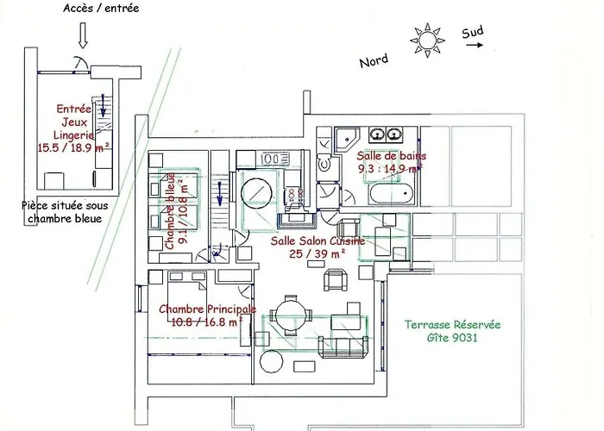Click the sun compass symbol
427,41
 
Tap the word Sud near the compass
472,33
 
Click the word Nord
374,61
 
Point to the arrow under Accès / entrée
83,35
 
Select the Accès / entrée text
101,8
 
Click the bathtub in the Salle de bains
392,194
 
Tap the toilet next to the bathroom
324,165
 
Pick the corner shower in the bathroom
347,140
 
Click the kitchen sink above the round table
276,158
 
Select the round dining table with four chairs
292,315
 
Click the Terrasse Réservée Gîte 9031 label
453,331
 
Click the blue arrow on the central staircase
220,194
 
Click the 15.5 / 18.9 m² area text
73,147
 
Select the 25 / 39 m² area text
317,254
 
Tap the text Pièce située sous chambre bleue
65,212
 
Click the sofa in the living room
343,347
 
